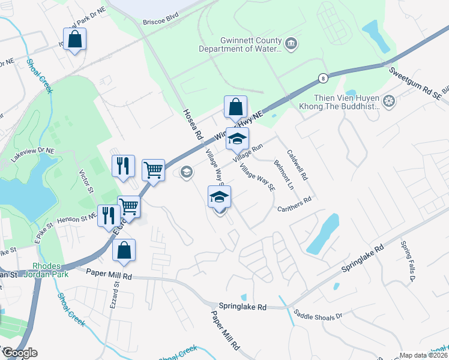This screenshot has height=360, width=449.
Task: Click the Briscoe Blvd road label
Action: click(x=161, y=22)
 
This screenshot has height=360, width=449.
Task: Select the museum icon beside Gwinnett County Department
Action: click(x=292, y=43)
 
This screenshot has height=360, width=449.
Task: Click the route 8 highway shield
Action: click(x=324, y=78)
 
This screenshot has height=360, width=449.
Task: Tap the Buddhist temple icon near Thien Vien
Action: click(x=389, y=100)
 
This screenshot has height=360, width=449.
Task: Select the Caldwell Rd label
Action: click(x=297, y=166)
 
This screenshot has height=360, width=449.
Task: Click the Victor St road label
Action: click(x=88, y=182)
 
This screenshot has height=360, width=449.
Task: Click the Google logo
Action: click(x=19, y=353)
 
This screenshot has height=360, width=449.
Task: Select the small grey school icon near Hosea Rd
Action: click(x=186, y=173)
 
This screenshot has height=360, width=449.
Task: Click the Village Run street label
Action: click(x=250, y=151)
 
